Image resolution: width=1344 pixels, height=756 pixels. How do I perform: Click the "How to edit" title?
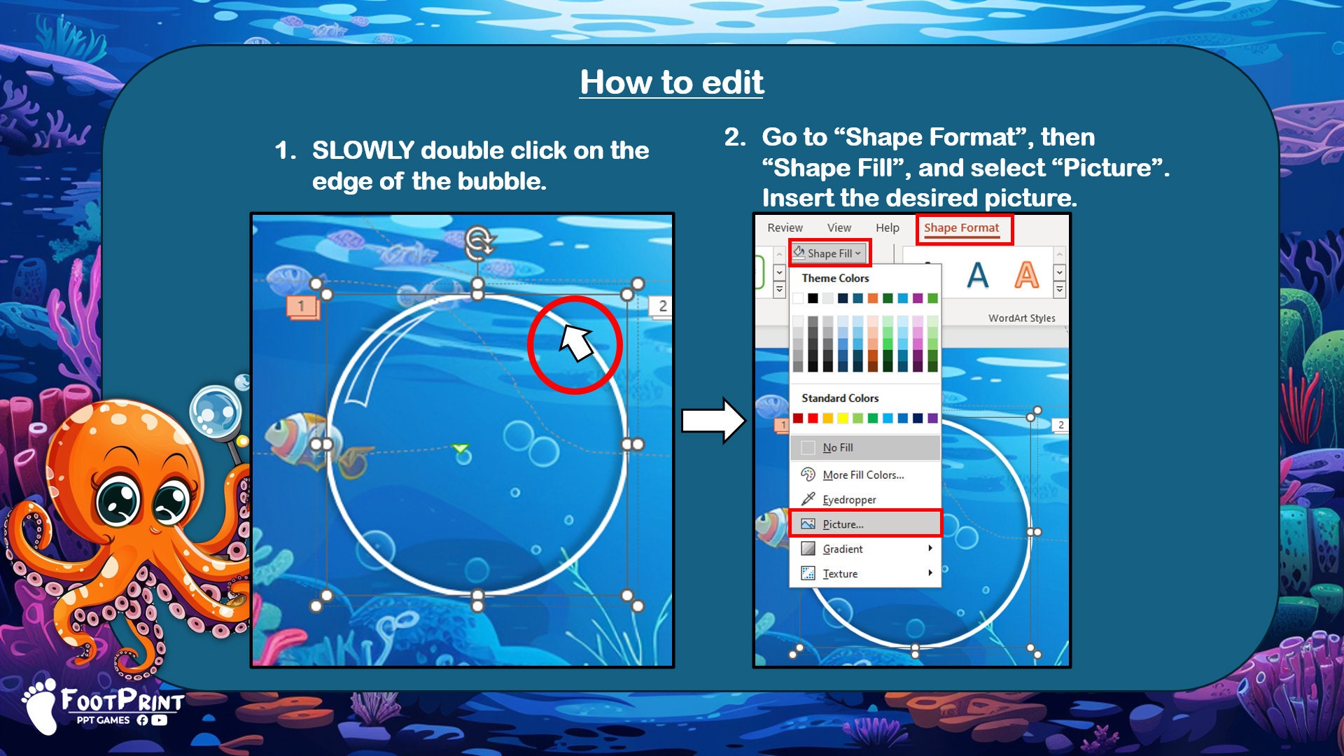coord(671,83)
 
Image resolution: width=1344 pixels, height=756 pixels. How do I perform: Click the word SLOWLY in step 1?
coord(363,150)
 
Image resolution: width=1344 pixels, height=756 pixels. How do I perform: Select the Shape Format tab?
coord(961,228)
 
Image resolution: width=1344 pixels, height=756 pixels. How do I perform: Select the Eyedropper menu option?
coord(848,500)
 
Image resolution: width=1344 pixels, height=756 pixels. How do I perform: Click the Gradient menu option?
coord(842,549)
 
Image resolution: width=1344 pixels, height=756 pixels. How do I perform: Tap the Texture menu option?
coord(840,574)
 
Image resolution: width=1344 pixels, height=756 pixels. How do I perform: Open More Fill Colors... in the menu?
coord(862,475)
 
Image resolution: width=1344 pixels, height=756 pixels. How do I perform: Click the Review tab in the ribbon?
coord(785,228)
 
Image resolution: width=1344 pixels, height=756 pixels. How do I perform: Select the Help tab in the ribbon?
coord(887,228)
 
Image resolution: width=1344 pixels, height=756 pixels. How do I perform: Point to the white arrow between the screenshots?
coord(713,421)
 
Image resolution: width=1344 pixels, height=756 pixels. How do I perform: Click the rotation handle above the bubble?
coord(479,242)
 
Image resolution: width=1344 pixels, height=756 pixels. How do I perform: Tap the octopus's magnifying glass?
coord(216,412)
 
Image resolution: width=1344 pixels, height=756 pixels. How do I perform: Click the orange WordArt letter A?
coord(1026,275)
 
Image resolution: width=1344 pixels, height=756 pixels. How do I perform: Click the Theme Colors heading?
coord(835,279)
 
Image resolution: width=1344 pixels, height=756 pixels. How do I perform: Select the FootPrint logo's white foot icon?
coord(42,706)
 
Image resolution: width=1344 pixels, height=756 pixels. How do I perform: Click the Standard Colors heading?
coord(839,398)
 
